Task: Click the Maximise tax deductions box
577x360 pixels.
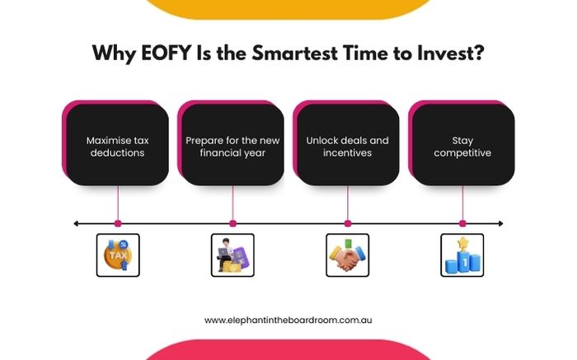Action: (117, 147)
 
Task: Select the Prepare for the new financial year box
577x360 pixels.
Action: (232, 147)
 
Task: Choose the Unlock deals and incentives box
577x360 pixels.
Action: (347, 147)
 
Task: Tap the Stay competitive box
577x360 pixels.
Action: (462, 147)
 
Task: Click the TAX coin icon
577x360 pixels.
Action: (118, 255)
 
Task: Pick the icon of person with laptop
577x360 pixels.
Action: (232, 255)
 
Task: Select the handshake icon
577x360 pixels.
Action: (347, 255)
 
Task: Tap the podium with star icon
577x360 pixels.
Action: (462, 255)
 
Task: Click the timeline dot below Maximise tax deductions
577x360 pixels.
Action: (118, 223)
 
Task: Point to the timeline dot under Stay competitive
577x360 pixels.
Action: (462, 223)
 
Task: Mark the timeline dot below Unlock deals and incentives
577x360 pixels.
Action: (347, 223)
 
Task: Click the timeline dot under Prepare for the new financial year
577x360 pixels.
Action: (232, 223)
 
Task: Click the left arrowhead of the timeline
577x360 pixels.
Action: (77, 223)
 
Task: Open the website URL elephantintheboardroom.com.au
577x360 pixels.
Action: (288, 320)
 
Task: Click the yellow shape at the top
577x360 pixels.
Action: (288, 8)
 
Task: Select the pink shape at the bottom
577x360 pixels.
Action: (288, 351)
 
